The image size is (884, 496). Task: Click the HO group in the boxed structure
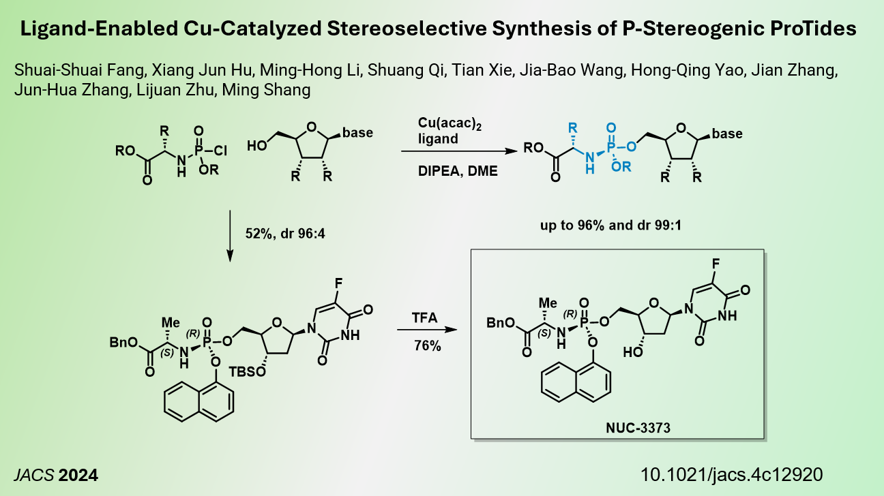(x=632, y=354)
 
